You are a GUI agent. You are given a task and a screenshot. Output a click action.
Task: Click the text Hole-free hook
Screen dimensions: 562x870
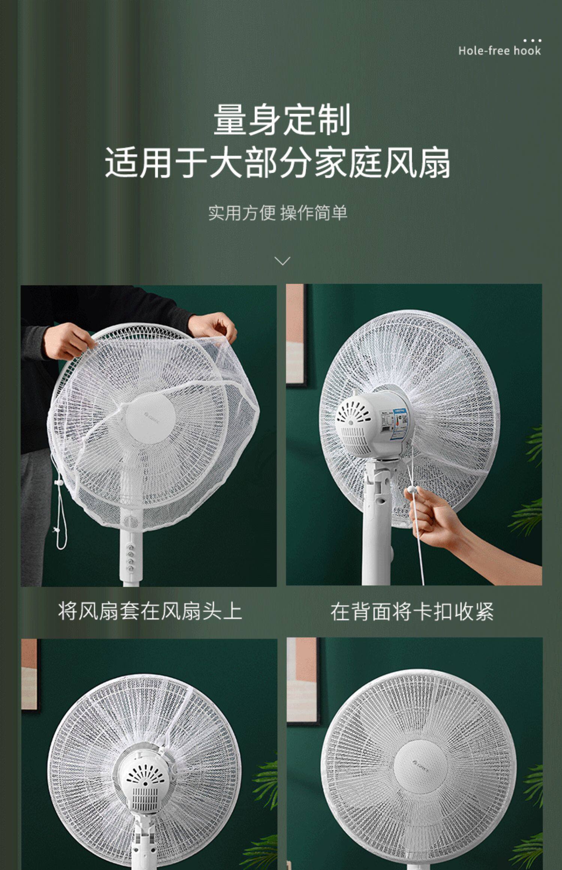pyautogui.click(x=499, y=51)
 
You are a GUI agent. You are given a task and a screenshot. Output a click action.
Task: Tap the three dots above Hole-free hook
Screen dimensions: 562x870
pyautogui.click(x=532, y=40)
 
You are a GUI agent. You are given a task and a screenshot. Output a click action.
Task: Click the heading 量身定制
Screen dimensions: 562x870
pyautogui.click(x=282, y=120)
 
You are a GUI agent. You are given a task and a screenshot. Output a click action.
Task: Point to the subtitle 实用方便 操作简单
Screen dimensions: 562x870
pyautogui.click(x=278, y=213)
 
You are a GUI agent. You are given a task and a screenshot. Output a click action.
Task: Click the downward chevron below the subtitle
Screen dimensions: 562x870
pyautogui.click(x=282, y=261)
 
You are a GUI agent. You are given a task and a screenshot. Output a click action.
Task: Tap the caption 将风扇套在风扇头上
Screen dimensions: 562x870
pyautogui.click(x=150, y=611)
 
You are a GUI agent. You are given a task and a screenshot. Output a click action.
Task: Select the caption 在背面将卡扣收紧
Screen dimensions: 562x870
pyautogui.click(x=412, y=612)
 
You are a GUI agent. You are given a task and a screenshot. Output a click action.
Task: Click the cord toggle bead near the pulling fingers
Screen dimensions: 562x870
pyautogui.click(x=411, y=489)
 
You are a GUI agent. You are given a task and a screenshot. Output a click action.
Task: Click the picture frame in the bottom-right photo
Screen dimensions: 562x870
pyautogui.click(x=304, y=682)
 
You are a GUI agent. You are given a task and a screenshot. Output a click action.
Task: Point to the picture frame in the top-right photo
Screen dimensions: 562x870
pyautogui.click(x=297, y=335)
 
